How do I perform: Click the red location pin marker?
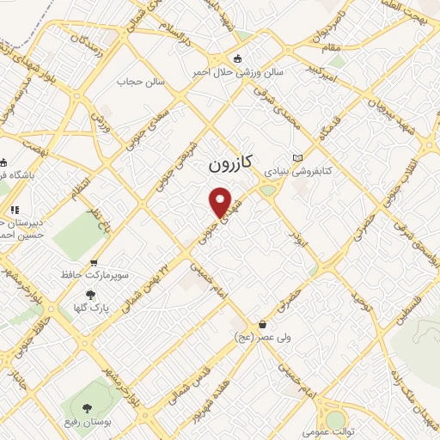(x=222, y=202)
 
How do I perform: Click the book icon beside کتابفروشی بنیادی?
(x=298, y=158)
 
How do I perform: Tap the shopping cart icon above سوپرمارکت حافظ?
(x=94, y=263)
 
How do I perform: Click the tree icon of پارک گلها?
(x=90, y=295)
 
